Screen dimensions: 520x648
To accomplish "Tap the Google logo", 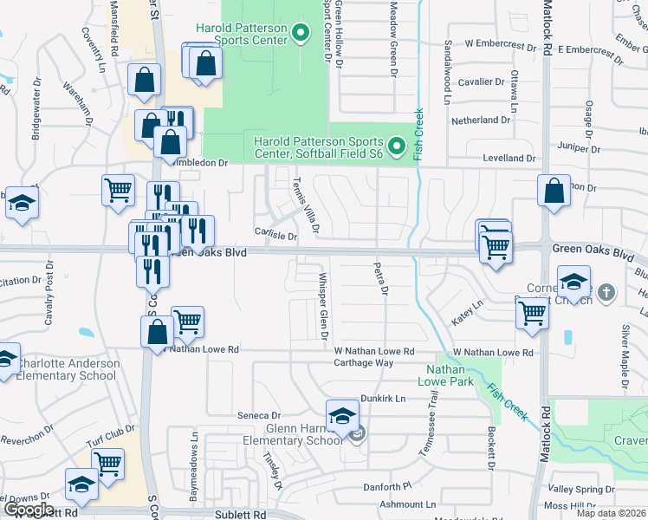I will pyautogui.click(x=29, y=510).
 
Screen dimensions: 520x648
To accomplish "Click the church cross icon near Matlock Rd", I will pyautogui.click(x=606, y=292).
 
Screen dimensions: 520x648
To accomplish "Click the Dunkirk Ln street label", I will pyautogui.click(x=383, y=399).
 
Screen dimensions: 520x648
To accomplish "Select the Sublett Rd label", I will pyautogui.click(x=239, y=514).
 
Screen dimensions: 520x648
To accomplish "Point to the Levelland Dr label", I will pyautogui.click(x=509, y=159).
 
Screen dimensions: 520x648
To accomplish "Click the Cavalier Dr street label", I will pyautogui.click(x=482, y=82).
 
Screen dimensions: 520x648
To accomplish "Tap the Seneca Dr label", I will pyautogui.click(x=260, y=416).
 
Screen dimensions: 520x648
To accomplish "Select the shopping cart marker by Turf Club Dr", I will pyautogui.click(x=108, y=464).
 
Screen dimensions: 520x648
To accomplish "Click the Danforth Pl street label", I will pyautogui.click(x=386, y=487).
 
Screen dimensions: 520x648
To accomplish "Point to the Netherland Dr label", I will pyautogui.click(x=481, y=120).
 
